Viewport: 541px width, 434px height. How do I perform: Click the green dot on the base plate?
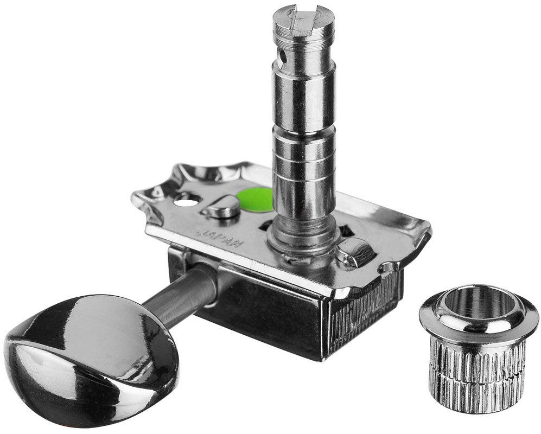point(254,200)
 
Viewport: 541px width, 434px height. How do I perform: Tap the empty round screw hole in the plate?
point(187,200)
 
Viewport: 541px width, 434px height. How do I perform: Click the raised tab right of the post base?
point(355,251)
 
